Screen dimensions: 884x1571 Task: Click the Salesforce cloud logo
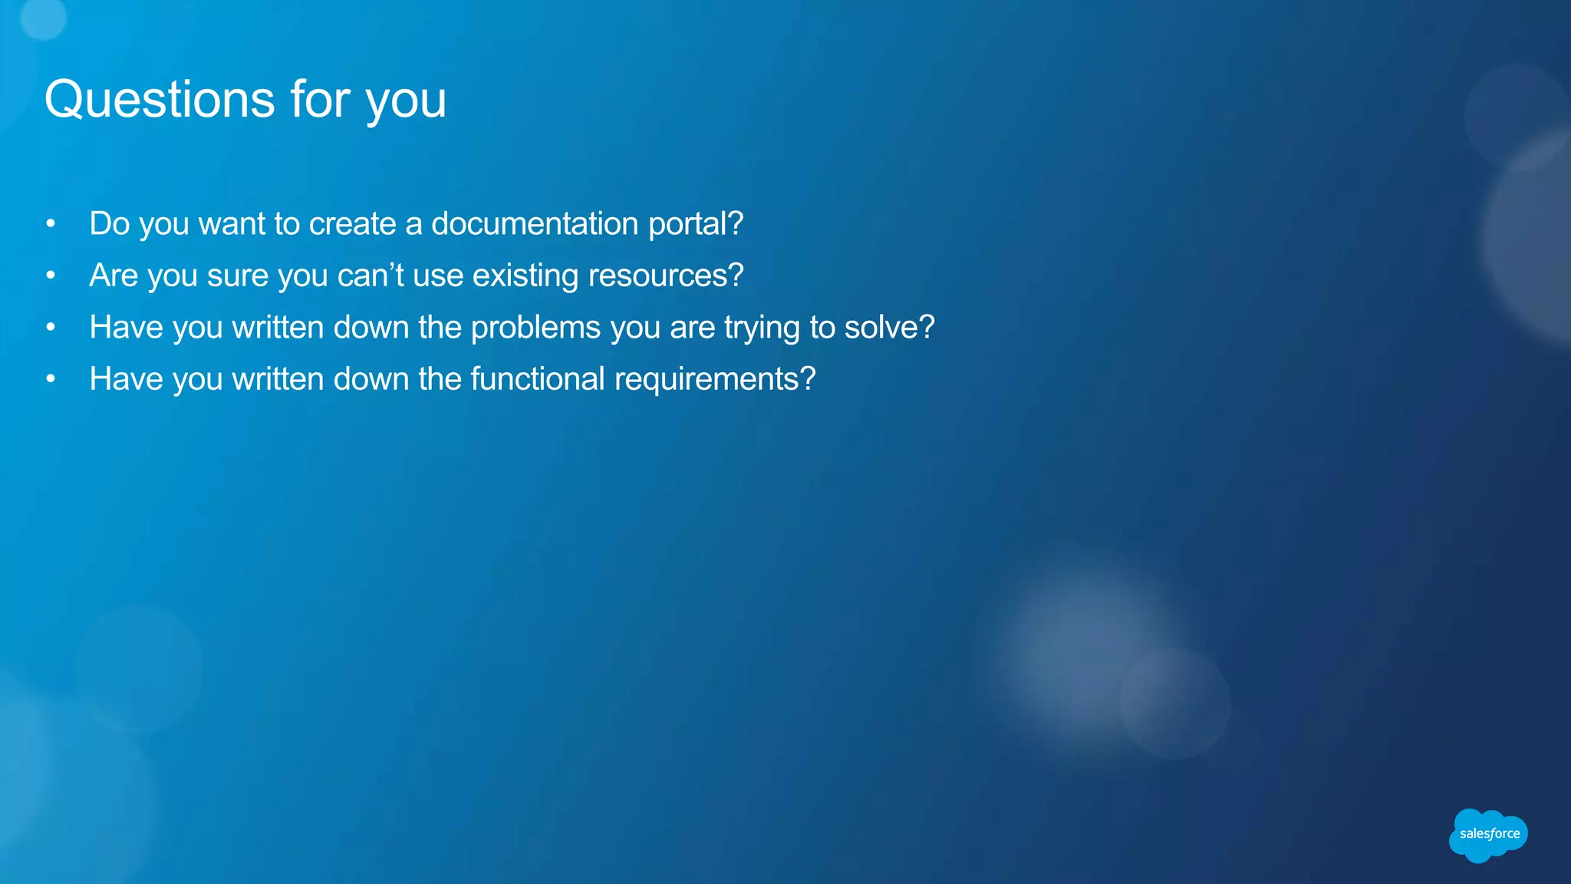[x=1488, y=834]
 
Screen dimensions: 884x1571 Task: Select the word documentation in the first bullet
[x=535, y=224]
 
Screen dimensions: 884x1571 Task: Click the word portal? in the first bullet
[x=696, y=224]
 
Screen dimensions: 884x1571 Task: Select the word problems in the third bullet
[x=535, y=328]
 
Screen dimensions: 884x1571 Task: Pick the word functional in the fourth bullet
[x=538, y=379]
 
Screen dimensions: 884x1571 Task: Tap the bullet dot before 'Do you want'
[x=51, y=224]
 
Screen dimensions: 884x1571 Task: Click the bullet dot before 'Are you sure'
[x=51, y=275]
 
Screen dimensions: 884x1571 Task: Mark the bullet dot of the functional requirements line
[x=51, y=379]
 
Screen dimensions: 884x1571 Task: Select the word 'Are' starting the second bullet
[x=114, y=275]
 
